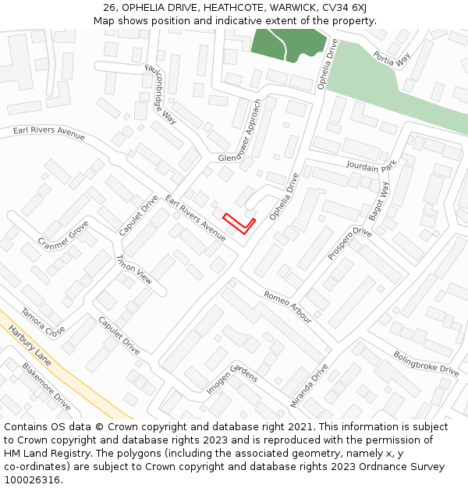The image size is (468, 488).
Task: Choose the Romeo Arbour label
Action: coord(287,307)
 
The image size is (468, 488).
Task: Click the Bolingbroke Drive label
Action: coord(426,364)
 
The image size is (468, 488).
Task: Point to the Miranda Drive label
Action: coord(309,385)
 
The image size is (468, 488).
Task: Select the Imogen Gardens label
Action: coord(232,379)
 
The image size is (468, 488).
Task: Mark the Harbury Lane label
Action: coord(30,346)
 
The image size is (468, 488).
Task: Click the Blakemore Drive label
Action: coord(46,387)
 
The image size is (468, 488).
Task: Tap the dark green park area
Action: coord(285,43)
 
